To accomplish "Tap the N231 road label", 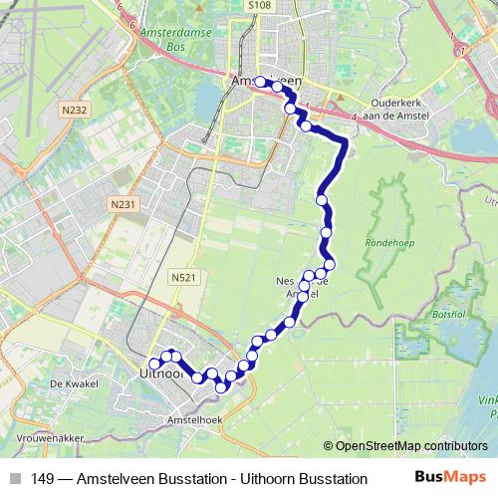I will pos(123,205).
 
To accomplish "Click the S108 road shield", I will pos(259,5).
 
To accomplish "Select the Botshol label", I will pos(451,314).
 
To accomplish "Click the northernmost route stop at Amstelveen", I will pos(261,82).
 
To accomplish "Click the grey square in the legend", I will pos(15,479).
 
